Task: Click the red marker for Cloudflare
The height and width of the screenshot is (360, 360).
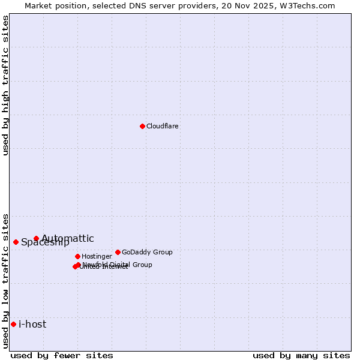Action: tap(142, 126)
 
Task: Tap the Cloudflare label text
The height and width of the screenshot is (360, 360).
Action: tap(163, 126)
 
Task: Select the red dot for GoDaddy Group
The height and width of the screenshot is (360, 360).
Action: tap(118, 252)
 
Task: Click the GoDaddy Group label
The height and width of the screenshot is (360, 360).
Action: tap(147, 252)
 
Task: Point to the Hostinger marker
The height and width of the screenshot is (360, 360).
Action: tap(77, 256)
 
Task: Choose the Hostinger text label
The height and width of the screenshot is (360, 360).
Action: tap(97, 256)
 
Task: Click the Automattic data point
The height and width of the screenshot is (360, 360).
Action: tap(36, 238)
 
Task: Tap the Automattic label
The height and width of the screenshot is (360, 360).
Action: tap(68, 239)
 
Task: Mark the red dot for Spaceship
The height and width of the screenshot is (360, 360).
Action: tap(16, 242)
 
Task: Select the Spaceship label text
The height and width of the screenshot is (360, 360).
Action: tap(45, 243)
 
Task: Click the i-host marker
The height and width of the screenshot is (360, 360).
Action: tap(13, 324)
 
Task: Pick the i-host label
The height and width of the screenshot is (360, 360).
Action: tap(32, 325)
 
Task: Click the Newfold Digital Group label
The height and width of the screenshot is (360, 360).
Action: tap(118, 265)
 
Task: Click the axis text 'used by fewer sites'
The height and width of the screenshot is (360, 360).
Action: tap(62, 355)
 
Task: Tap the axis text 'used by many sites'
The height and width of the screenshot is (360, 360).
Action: tap(301, 355)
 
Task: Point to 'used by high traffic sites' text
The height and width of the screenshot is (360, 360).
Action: tap(6, 85)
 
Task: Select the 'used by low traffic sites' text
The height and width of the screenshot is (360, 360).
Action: tap(6, 280)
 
